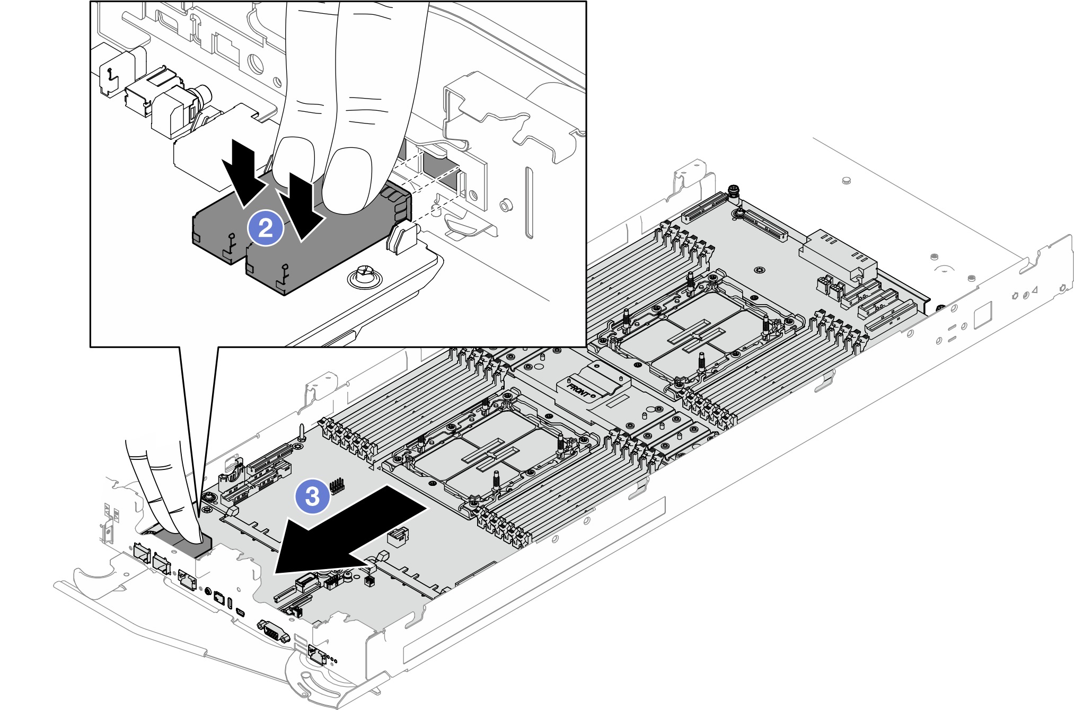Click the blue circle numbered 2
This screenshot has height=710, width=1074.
[x=266, y=228]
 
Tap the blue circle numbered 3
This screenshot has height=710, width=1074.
[x=313, y=496]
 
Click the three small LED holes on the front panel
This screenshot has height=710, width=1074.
[x=332, y=660]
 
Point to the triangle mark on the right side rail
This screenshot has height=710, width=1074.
[x=1034, y=290]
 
